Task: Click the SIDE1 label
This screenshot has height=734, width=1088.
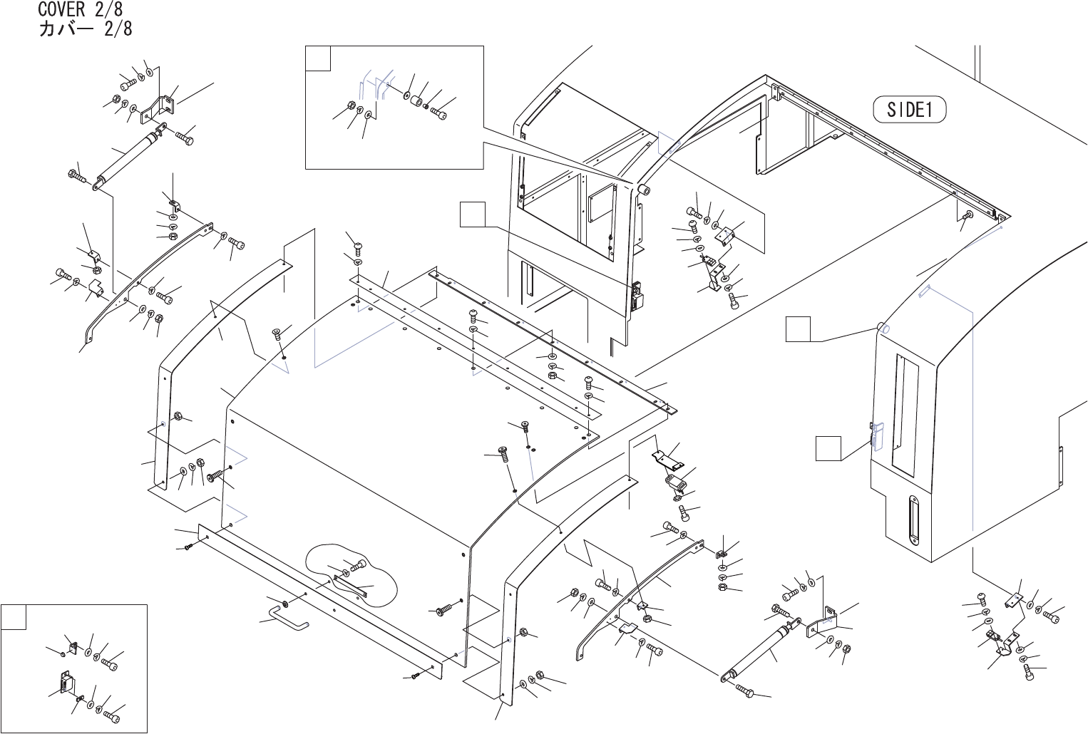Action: pos(909,110)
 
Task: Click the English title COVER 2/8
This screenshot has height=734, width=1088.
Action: pos(84,10)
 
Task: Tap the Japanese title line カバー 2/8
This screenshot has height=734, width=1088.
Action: pos(84,29)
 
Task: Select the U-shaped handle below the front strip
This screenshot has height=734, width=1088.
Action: pos(289,616)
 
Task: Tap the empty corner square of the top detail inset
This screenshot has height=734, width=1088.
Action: pos(318,59)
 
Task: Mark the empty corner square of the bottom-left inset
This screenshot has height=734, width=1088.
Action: pos(14,617)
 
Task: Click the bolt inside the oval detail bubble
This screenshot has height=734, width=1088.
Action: pos(357,567)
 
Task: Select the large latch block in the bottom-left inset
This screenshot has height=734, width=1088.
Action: pos(65,684)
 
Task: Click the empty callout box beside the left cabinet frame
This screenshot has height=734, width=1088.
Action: pos(472,214)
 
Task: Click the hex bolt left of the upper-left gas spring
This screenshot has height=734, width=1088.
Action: pos(76,175)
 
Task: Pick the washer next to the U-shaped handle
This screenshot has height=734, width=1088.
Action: pos(285,604)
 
